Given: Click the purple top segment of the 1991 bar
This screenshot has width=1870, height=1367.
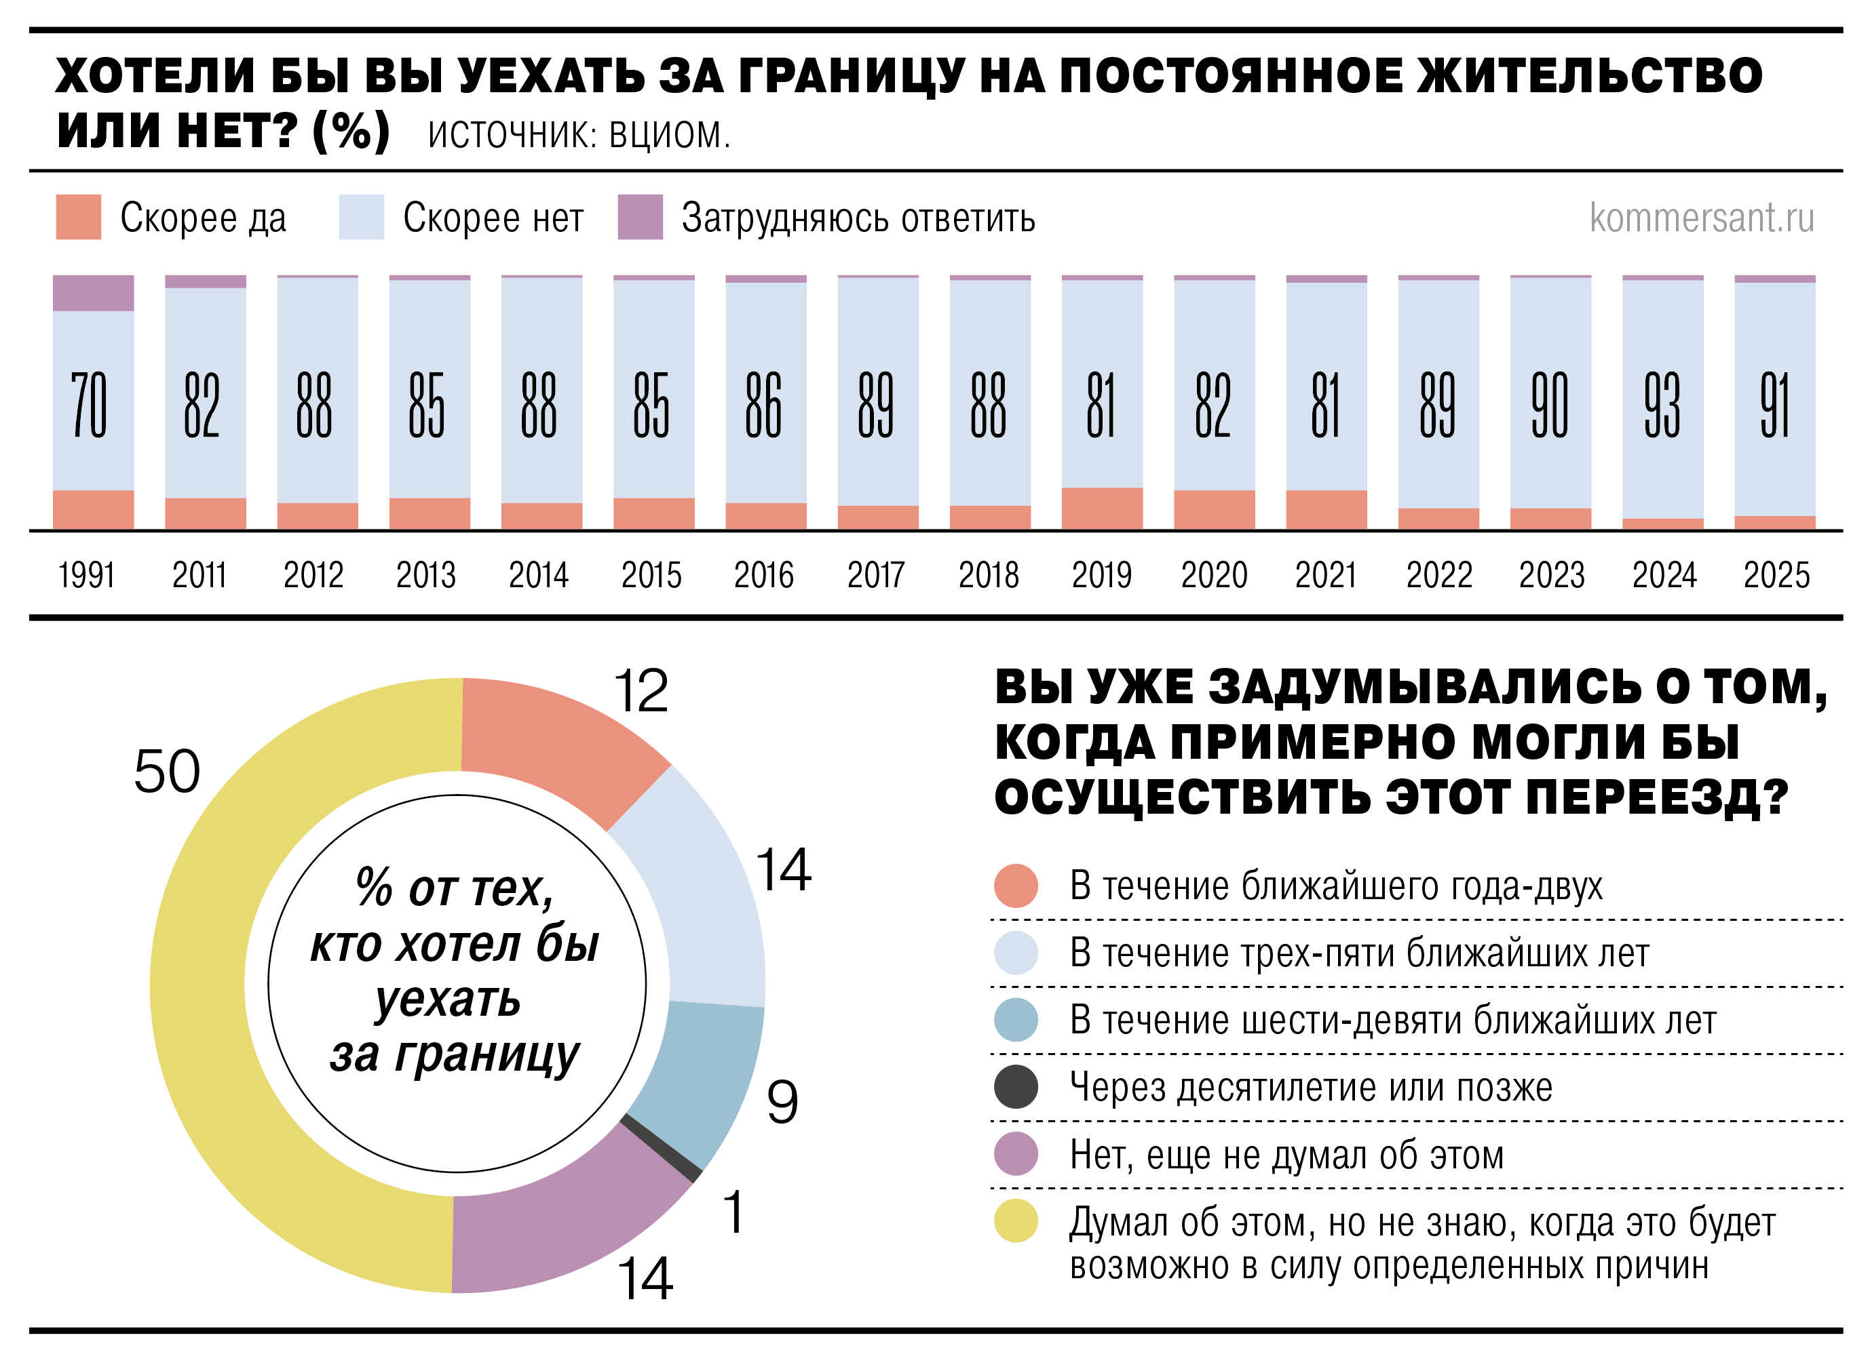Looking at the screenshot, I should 93,293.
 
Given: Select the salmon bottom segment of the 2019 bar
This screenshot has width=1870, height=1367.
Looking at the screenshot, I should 1101,508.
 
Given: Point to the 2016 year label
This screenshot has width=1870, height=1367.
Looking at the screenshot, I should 763,575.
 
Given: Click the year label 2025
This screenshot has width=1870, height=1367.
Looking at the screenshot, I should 1776,575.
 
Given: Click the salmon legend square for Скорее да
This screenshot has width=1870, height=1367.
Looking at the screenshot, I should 79,217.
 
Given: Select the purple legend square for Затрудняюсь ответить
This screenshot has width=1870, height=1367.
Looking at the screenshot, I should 640,217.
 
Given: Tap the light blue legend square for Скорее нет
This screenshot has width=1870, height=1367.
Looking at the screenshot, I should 361,217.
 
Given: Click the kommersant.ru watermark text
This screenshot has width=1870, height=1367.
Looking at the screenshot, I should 1701,218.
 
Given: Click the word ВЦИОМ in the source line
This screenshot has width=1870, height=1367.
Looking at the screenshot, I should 669,135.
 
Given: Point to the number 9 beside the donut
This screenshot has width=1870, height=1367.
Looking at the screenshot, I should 782,1101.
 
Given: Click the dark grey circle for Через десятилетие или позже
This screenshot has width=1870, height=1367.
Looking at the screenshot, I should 1016,1086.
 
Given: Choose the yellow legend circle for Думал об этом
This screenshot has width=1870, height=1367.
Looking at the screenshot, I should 1016,1221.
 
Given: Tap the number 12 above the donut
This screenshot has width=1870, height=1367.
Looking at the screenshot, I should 640,691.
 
